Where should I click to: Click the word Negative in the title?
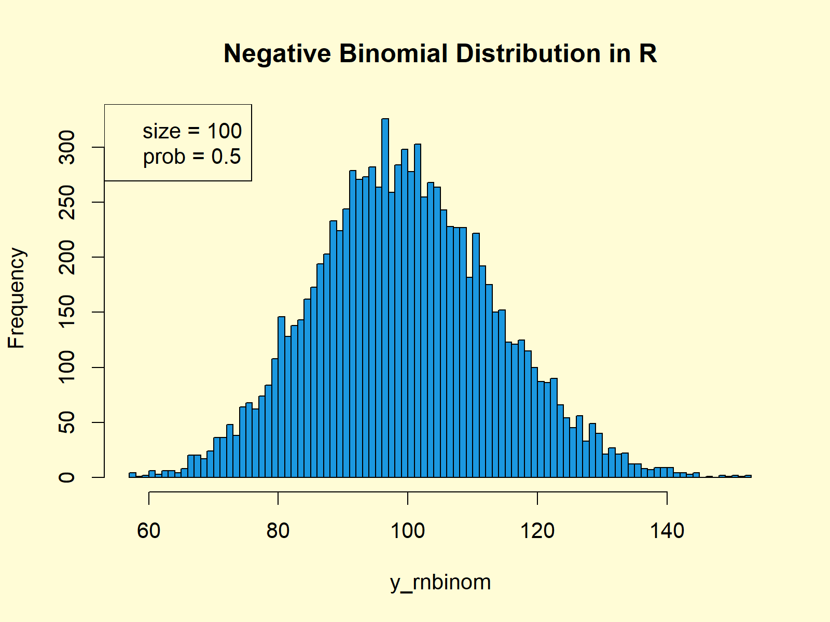tap(277, 54)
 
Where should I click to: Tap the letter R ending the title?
tap(647, 54)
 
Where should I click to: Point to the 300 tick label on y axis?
tap(67, 148)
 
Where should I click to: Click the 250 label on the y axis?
tap(67, 202)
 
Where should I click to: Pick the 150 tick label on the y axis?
tap(67, 312)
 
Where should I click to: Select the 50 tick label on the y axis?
tap(67, 422)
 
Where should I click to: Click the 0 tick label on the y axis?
tap(67, 477)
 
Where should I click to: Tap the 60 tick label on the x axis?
tap(149, 531)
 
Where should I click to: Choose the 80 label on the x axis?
tap(278, 531)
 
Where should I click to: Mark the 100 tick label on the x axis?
tap(408, 531)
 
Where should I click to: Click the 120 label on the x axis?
tap(537, 531)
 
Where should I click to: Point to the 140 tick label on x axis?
tap(667, 531)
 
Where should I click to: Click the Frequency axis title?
tap(17, 298)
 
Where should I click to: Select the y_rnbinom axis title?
tap(440, 583)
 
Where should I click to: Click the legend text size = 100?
tap(192, 131)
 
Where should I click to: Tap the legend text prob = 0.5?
tap(192, 157)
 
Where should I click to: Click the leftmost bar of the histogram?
tap(132, 475)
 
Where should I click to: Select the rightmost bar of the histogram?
tap(748, 476)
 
